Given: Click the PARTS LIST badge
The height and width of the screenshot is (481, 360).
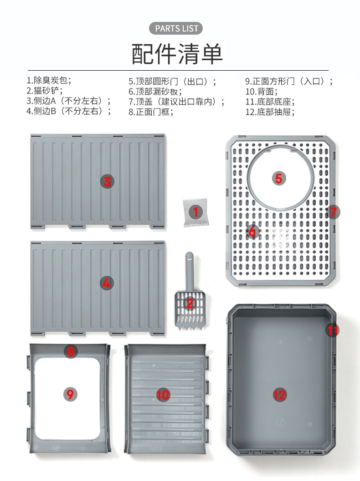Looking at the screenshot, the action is click(176, 28).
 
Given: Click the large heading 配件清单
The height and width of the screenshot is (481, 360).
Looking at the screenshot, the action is click(177, 54).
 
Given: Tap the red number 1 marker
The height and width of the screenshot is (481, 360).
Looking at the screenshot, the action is click(195, 212).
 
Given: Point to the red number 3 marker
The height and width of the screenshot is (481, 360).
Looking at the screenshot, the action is click(107, 181).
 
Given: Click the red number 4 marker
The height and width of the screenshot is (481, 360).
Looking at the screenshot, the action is click(106, 283).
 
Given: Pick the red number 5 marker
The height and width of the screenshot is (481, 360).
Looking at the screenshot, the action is click(278, 178).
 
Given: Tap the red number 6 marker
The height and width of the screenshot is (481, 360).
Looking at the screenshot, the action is click(252, 232).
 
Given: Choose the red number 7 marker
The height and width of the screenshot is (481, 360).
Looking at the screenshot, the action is click(333, 212).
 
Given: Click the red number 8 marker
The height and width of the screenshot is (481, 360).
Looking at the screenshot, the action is click(71, 351).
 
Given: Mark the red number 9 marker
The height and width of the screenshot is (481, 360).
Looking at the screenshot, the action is click(70, 394).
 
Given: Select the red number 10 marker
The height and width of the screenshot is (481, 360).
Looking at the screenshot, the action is click(163, 395).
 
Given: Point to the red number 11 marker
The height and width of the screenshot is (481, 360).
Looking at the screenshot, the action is click(333, 330).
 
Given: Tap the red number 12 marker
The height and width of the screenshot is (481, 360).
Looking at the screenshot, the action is click(279, 395).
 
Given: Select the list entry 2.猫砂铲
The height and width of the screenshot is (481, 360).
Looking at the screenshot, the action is click(44, 91).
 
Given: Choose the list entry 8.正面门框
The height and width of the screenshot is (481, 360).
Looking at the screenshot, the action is click(151, 112).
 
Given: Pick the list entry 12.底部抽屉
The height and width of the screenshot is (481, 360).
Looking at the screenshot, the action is click(270, 112).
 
